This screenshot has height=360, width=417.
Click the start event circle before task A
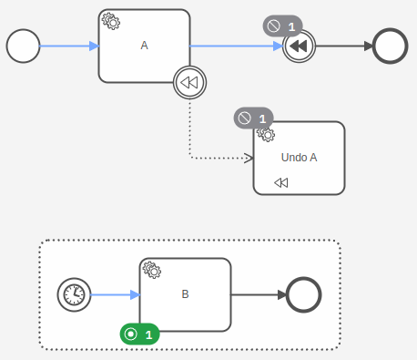[x=23, y=46]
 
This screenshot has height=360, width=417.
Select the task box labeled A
[x=144, y=46]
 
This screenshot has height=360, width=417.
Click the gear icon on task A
[x=110, y=21]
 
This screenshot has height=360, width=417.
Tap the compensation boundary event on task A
[x=189, y=83]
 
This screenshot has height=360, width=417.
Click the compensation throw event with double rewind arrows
[x=298, y=46]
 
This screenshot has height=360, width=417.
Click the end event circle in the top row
[x=389, y=46]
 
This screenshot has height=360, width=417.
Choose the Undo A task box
[x=299, y=158]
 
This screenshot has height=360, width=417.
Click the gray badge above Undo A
[x=254, y=118]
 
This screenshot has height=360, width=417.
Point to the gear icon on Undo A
[x=266, y=134]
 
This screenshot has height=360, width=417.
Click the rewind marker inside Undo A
[x=281, y=182]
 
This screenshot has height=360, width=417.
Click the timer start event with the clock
[x=74, y=294]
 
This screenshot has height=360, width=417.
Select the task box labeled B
[x=185, y=294]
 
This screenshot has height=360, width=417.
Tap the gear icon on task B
[x=152, y=270]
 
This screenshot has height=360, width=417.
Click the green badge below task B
[x=139, y=334]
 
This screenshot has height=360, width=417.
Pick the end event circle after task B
[x=302, y=294]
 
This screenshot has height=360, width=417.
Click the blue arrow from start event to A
[x=69, y=46]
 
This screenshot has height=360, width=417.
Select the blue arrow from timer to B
[x=115, y=294]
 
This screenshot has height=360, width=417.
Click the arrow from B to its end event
[x=258, y=294]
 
